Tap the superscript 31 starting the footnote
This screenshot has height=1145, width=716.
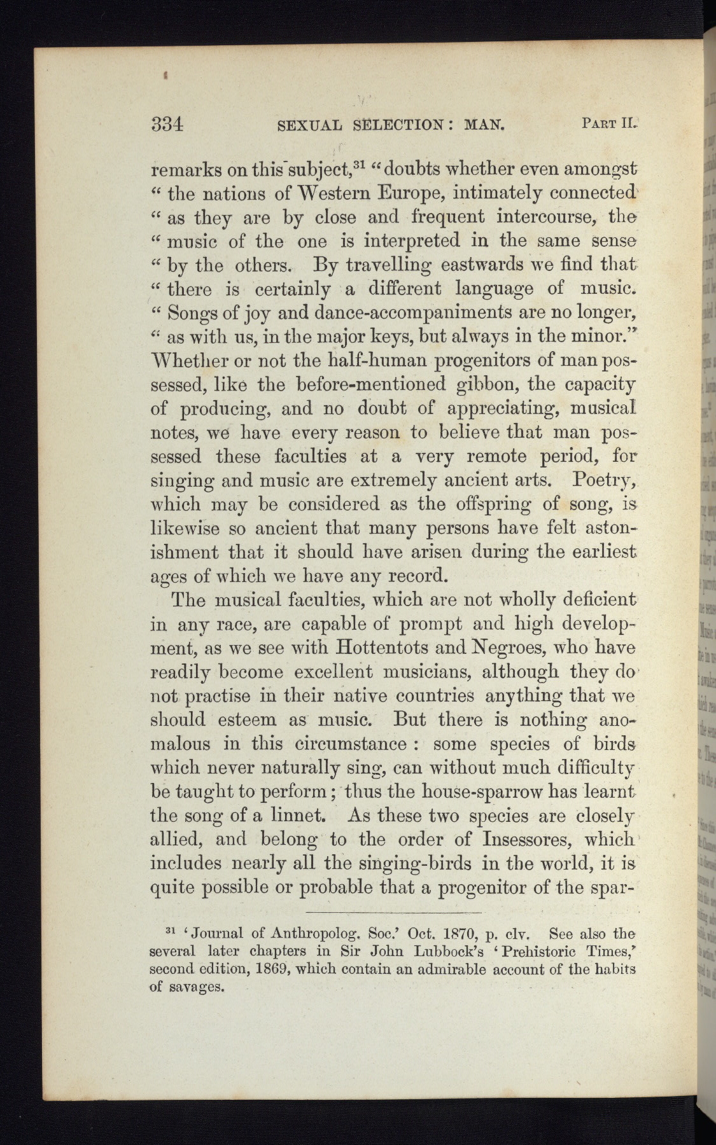tap(169, 932)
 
